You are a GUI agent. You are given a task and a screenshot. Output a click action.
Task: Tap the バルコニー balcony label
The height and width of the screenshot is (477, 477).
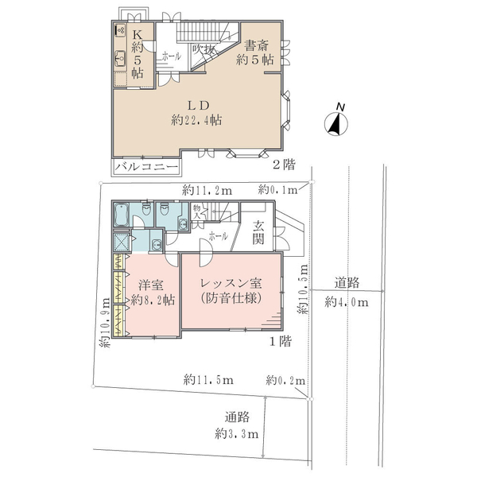146,167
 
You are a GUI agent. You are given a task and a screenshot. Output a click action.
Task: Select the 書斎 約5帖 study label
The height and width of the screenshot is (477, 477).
255,53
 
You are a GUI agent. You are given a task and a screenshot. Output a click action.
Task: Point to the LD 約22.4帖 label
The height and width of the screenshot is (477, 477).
196,113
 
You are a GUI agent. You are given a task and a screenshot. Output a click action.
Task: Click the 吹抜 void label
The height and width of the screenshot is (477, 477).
204,49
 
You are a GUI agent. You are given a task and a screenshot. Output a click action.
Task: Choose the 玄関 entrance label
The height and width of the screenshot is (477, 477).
258,233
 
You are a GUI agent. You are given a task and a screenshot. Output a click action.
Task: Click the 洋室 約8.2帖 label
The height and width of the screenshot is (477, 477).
153,293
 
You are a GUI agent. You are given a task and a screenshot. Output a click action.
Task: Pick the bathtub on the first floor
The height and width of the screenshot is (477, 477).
121,215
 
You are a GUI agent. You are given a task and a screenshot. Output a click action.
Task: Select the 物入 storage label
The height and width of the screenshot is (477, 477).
197,212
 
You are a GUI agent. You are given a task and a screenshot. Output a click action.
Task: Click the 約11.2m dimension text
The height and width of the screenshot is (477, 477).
207,191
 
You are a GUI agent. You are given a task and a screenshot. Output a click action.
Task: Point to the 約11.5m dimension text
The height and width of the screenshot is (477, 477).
208,380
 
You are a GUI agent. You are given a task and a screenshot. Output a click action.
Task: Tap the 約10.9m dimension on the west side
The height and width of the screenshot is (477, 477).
106,323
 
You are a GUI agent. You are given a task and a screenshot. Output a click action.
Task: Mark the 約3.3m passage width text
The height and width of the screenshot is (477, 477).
237,434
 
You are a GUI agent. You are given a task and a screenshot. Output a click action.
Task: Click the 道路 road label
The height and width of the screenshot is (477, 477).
347,283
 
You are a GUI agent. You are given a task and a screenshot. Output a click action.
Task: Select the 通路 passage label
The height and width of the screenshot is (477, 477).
237,417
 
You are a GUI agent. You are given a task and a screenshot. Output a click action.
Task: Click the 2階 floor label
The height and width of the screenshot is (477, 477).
284,165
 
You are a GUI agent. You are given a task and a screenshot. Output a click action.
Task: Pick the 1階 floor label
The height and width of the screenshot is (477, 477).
281,341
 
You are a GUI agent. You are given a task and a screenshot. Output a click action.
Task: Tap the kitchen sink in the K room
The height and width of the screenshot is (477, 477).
121,58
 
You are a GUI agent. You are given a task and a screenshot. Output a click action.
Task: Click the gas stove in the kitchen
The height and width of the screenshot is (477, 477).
120,30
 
